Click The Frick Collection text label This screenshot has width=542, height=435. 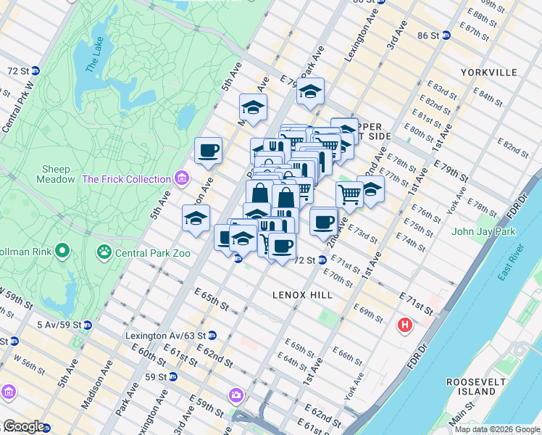tap(127, 178)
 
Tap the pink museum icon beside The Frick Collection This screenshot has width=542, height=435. tap(181, 178)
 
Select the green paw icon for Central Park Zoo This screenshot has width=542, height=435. tap(105, 252)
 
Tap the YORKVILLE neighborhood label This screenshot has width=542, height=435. tap(488, 72)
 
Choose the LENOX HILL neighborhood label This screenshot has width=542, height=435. tap(302, 295)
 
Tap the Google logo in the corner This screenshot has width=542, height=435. tap(23, 427)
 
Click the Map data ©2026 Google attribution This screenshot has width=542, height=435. tap(497, 429)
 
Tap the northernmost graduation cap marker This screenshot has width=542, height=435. tap(310, 92)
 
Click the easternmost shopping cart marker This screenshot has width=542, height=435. tap(349, 194)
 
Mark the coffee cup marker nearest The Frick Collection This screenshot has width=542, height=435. tap(208, 151)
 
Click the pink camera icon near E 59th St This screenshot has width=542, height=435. tap(235, 395)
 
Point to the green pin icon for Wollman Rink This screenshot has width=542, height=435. tap(62, 252)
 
